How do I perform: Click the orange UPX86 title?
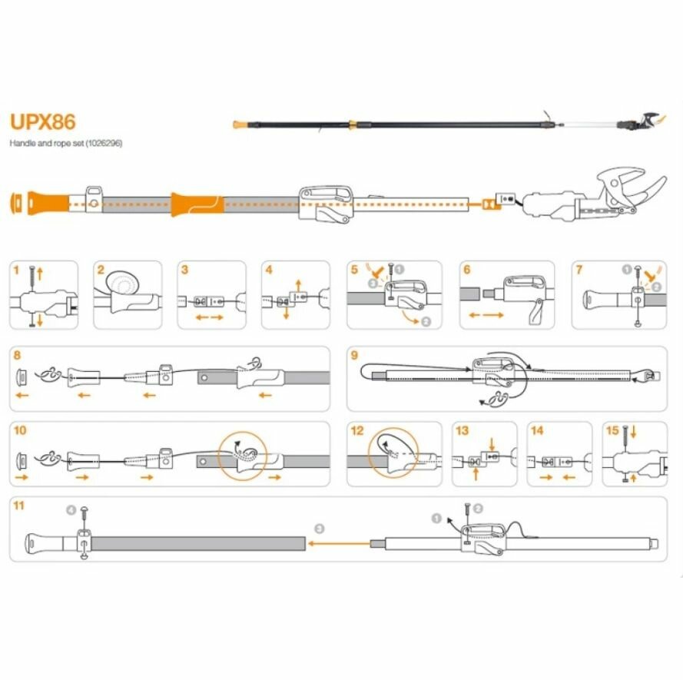42,123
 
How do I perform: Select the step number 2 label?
101,270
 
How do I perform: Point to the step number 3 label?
184,270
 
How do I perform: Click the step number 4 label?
268,270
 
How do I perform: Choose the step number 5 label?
353,270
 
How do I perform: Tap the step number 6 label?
466,270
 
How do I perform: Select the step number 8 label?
17,354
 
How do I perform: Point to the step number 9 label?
353,355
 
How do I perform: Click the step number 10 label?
19,430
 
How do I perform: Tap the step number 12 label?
356,430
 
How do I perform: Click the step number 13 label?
462,430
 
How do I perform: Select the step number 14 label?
537,430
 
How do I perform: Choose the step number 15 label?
612,430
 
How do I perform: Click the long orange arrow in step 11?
338,543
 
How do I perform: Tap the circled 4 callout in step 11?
71,509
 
